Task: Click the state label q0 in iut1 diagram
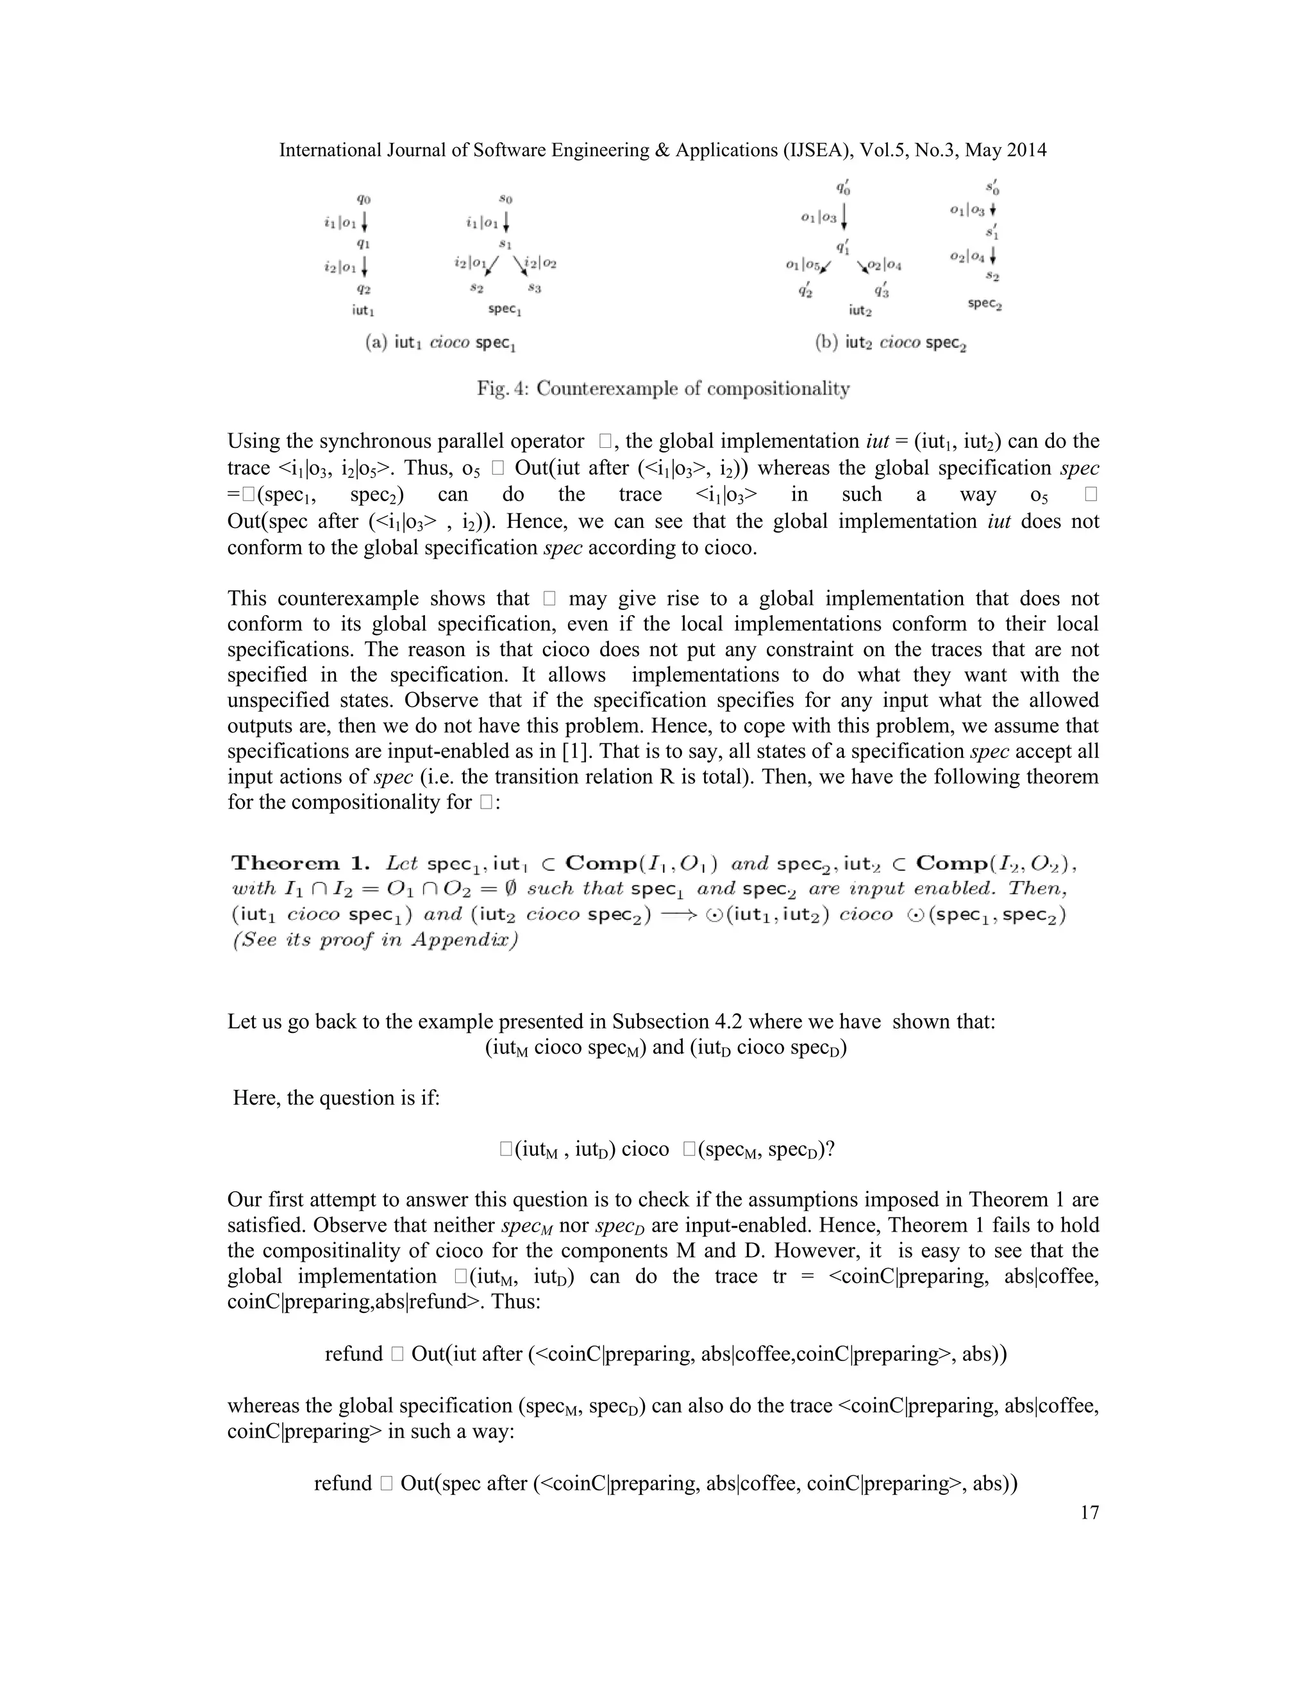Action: coord(364,199)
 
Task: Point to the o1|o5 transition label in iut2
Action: coord(803,265)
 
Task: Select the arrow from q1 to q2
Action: coord(365,267)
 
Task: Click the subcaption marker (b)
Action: coord(826,343)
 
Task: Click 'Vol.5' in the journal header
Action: coord(879,150)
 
